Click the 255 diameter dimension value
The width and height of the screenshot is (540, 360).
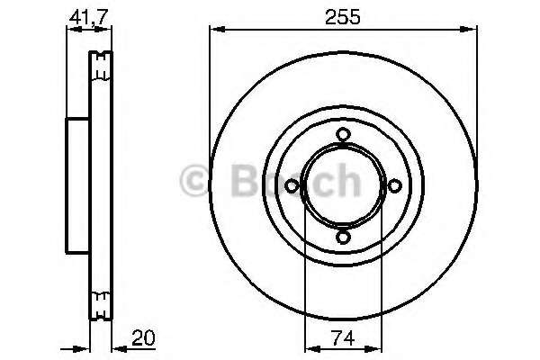tap(343, 17)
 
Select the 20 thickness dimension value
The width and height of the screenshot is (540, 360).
tap(143, 338)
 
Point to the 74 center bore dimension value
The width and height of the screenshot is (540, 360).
tap(343, 338)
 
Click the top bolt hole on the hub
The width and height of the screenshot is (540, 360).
tap(343, 134)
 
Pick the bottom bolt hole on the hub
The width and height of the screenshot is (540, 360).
tap(343, 238)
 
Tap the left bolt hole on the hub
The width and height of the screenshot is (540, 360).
tap(292, 186)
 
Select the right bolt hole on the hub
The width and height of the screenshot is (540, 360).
tap(395, 186)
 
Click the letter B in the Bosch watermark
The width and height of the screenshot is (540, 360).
tap(245, 181)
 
